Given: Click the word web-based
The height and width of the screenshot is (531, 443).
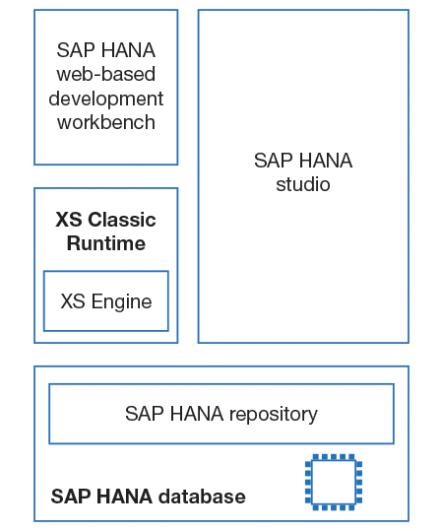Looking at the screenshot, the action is pyautogui.click(x=106, y=74).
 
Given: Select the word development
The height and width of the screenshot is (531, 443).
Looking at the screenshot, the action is pyautogui.click(x=106, y=99).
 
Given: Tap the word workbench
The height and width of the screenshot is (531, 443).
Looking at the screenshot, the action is pyautogui.click(x=106, y=122).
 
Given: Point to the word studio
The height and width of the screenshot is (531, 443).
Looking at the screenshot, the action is pyautogui.click(x=303, y=184).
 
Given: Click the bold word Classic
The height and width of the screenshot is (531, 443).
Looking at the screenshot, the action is pyautogui.click(x=122, y=220).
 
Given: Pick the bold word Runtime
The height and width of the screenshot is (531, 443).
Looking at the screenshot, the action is pyautogui.click(x=106, y=243).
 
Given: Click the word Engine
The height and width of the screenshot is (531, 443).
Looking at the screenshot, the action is pyautogui.click(x=121, y=302).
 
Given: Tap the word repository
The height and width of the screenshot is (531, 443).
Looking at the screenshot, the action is pyautogui.click(x=274, y=414).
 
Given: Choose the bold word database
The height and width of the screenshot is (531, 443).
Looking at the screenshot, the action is pyautogui.click(x=202, y=497).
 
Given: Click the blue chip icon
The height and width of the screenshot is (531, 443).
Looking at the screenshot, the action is pyautogui.click(x=334, y=482).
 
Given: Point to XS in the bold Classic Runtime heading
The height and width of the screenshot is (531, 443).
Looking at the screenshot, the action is pyautogui.click(x=69, y=220).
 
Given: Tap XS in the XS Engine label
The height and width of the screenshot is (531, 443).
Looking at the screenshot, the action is pyautogui.click(x=73, y=301).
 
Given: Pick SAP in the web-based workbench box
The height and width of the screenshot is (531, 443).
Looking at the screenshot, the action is pyautogui.click(x=76, y=50).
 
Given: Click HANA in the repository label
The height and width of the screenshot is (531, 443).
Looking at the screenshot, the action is pyautogui.click(x=197, y=414).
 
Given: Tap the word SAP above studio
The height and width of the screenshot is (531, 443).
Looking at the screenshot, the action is pyautogui.click(x=273, y=161).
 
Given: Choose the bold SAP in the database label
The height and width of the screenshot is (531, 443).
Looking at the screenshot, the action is pyautogui.click(x=72, y=497).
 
